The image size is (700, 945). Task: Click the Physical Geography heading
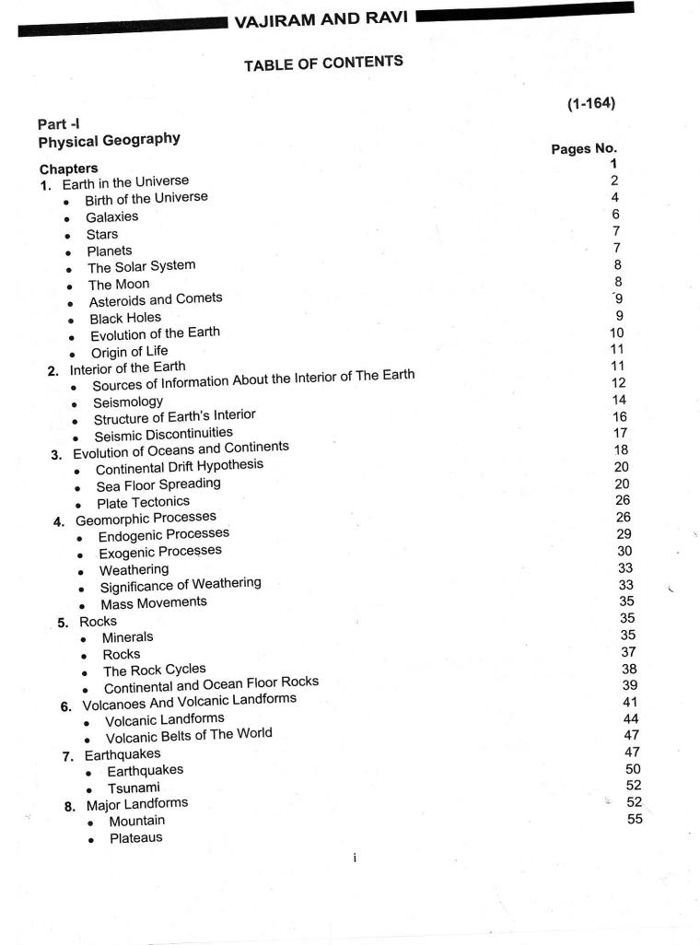tap(109, 141)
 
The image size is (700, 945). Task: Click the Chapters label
tap(68, 169)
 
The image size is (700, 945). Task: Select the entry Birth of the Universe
tap(146, 199)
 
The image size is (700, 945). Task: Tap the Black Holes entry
tap(125, 318)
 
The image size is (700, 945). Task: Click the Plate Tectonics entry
tap(143, 502)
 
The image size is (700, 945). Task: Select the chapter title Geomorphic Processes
tap(146, 519)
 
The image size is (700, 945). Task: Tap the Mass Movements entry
tap(154, 603)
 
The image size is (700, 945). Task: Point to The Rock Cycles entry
tap(155, 671)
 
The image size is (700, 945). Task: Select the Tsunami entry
tap(134, 787)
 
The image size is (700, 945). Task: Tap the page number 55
tap(635, 819)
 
